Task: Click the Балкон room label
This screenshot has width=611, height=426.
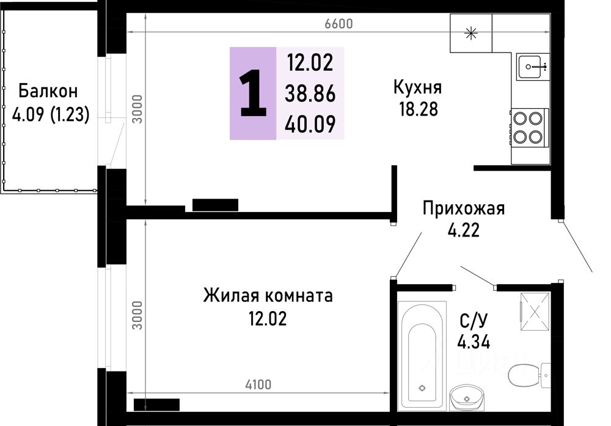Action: coord(48,92)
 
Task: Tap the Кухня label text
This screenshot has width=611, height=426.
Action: coord(417,87)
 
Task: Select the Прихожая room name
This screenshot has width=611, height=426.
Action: coord(464,209)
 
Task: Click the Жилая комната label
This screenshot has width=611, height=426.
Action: coord(268,296)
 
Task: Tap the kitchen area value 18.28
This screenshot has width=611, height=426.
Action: coord(417,110)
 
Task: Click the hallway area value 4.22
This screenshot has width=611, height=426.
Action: coord(463,232)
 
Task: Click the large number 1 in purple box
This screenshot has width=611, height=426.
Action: coord(253,94)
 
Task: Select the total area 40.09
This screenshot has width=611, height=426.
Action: coord(310,124)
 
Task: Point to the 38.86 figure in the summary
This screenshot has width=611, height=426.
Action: coord(310,94)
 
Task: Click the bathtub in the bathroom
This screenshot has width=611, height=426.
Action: coord(421,358)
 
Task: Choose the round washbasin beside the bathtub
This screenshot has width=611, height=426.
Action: coord(467,398)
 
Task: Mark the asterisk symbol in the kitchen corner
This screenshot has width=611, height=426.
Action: coord(471,33)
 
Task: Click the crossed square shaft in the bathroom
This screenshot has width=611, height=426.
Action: coord(536,311)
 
